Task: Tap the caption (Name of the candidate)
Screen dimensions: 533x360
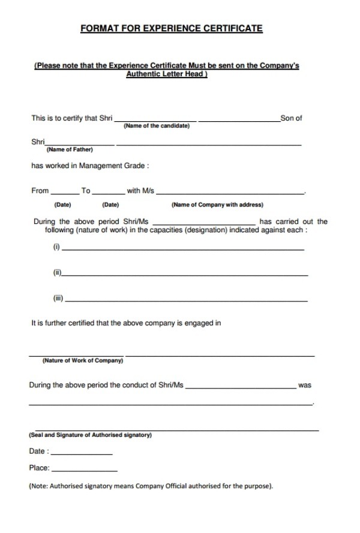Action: pyautogui.click(x=156, y=126)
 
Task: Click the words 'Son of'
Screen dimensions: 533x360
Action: pyautogui.click(x=291, y=118)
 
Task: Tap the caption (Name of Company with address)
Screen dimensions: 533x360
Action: pyautogui.click(x=217, y=205)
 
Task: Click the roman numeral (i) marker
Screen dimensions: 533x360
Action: pyautogui.click(x=57, y=247)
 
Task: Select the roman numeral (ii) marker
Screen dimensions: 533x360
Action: pyautogui.click(x=58, y=273)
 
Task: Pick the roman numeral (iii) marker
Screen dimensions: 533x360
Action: pyautogui.click(x=58, y=298)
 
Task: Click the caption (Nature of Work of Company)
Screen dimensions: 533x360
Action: pyautogui.click(x=83, y=361)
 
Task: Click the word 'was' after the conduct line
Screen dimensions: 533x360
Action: pyautogui.click(x=304, y=385)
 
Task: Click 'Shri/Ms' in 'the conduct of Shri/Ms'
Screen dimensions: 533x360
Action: pyautogui.click(x=170, y=385)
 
